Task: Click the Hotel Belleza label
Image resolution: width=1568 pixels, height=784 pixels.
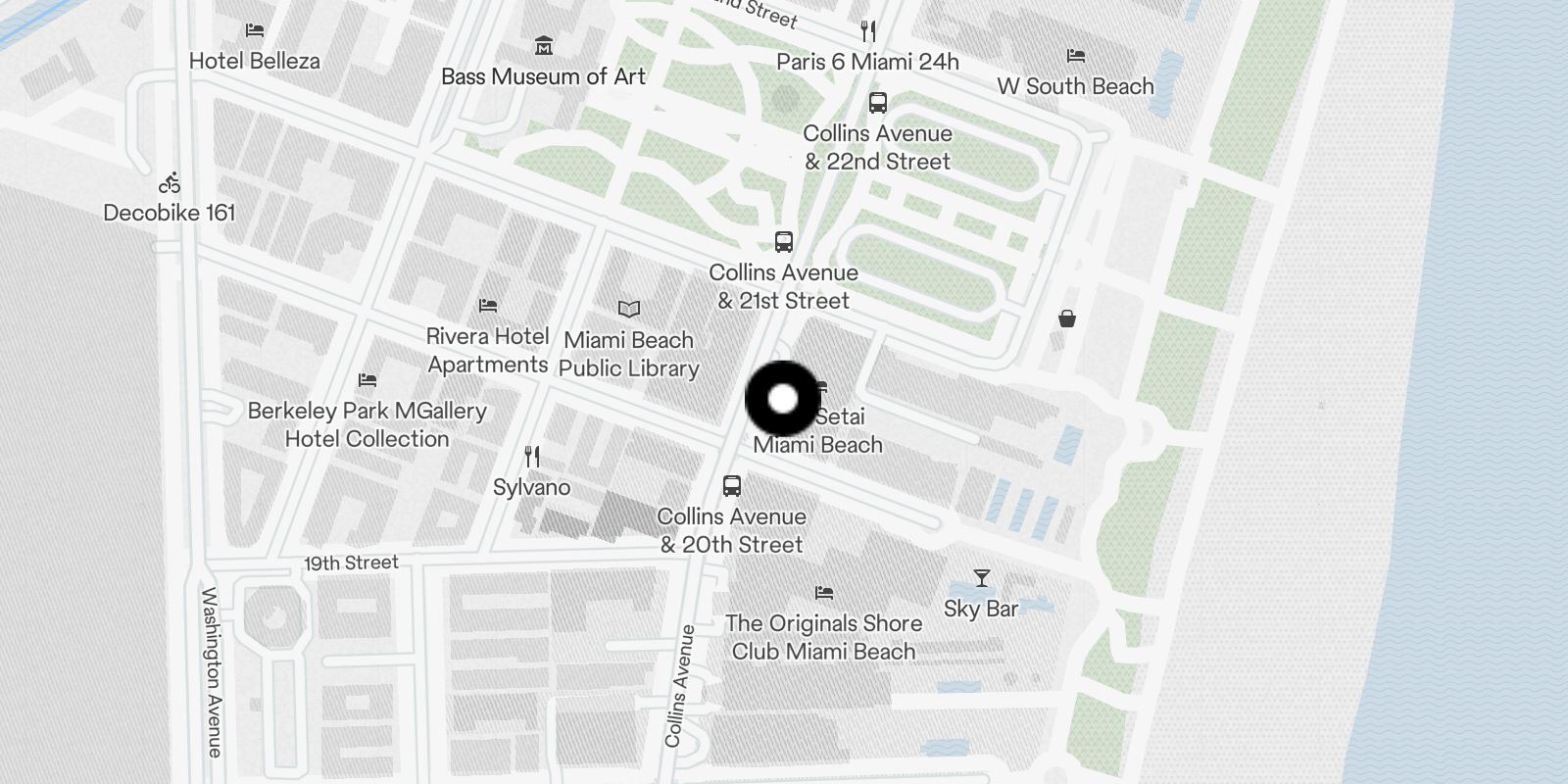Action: [x=254, y=61]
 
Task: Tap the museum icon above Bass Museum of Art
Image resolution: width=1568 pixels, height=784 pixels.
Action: [x=544, y=45]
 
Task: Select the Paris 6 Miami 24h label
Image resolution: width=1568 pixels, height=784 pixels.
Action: [x=867, y=62]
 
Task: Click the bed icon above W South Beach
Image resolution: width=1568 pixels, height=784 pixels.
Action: [x=1075, y=56]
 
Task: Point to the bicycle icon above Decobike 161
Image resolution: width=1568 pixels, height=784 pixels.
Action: [x=170, y=182]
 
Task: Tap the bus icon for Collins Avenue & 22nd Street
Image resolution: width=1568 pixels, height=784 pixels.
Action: [x=877, y=102]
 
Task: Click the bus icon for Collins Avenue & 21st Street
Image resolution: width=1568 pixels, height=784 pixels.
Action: [x=783, y=241]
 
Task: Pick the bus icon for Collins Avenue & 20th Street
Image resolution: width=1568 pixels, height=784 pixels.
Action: [x=731, y=485]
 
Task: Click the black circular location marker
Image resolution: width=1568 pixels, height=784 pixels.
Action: [x=782, y=399]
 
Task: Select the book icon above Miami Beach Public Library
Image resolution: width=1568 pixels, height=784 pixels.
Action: [x=628, y=309]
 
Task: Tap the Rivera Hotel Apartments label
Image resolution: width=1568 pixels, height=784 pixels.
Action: [x=487, y=350]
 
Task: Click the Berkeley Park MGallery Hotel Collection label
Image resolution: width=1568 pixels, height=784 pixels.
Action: [x=367, y=424]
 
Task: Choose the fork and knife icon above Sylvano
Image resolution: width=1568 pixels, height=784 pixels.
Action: [x=531, y=456]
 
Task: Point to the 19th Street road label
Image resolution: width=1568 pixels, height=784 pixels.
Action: [x=351, y=563]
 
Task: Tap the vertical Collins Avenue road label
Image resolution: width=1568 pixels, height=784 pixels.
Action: [x=678, y=686]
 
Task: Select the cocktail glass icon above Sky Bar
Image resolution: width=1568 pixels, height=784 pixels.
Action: [x=981, y=578]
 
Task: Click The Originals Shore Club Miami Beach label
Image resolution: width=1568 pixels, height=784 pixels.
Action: [x=823, y=637]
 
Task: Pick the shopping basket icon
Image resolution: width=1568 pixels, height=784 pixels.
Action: [x=1066, y=318]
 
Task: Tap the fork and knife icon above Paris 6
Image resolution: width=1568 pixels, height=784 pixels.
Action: [x=867, y=30]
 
